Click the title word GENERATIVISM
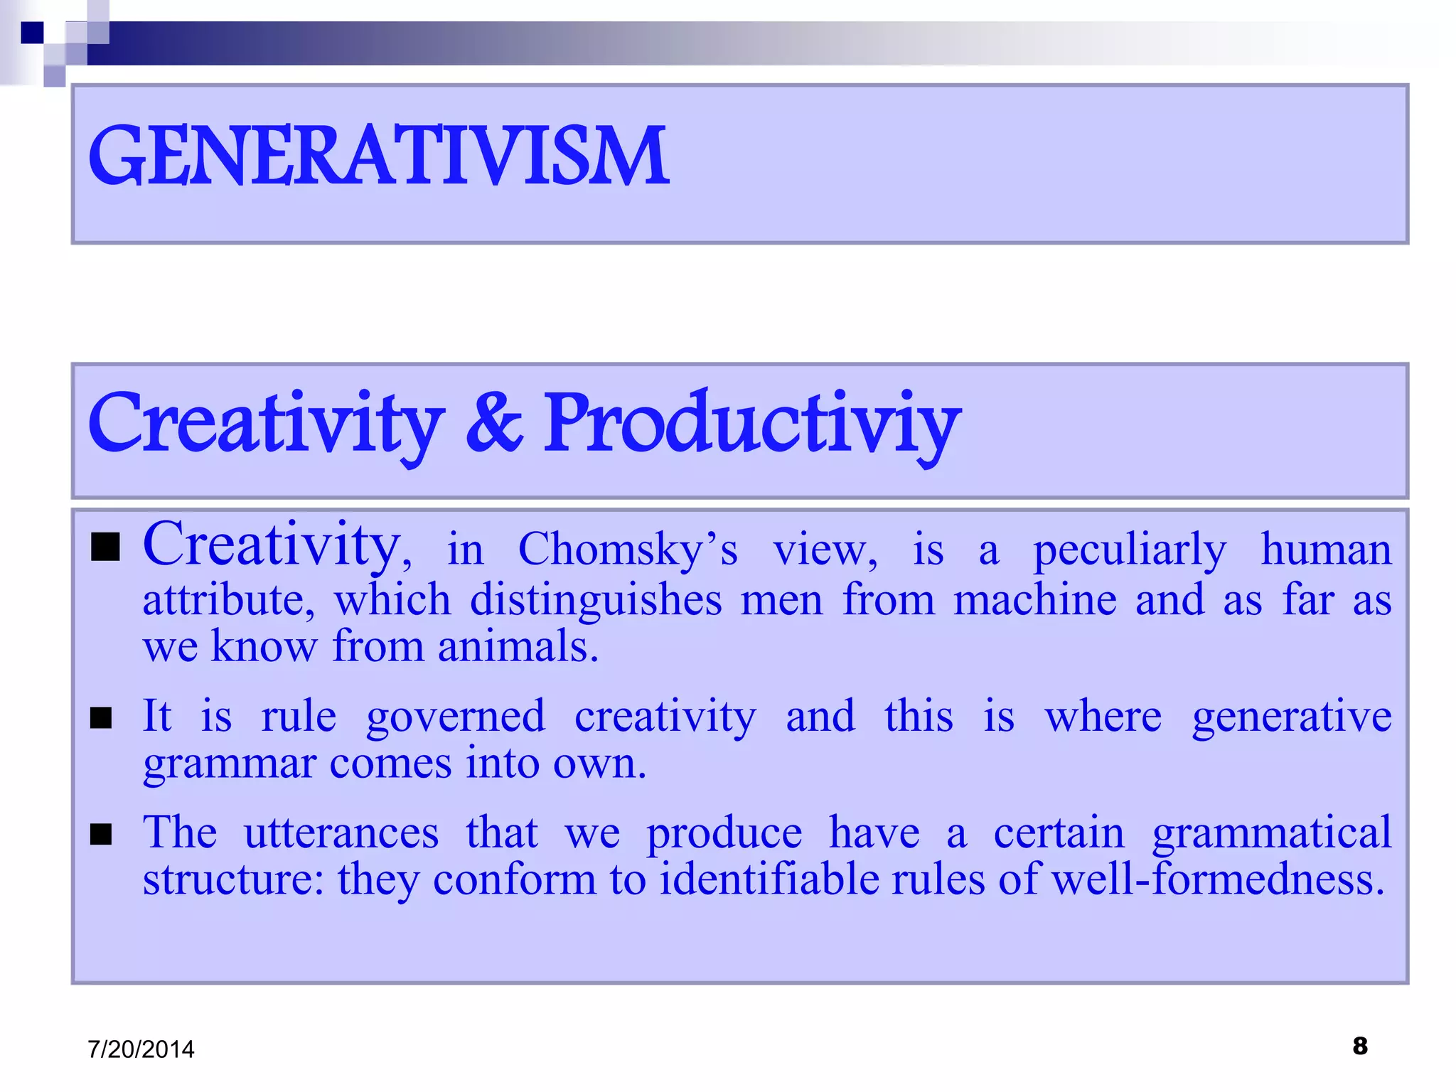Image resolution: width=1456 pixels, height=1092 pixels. (378, 156)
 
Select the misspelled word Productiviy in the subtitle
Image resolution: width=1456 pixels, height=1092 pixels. (752, 424)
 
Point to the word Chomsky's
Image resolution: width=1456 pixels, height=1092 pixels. (628, 550)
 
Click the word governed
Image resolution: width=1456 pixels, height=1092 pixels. (456, 717)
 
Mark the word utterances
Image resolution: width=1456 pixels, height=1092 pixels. (341, 833)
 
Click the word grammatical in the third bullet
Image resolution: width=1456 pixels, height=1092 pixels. (1272, 833)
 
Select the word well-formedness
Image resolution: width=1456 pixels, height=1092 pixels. (1218, 879)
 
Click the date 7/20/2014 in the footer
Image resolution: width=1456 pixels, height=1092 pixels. (141, 1049)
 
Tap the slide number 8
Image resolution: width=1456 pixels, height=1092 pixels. (1360, 1046)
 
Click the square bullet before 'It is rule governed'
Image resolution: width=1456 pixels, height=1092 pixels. (102, 718)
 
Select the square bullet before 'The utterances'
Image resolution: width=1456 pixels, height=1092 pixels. (102, 834)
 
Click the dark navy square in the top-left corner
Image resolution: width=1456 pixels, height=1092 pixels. (33, 33)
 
